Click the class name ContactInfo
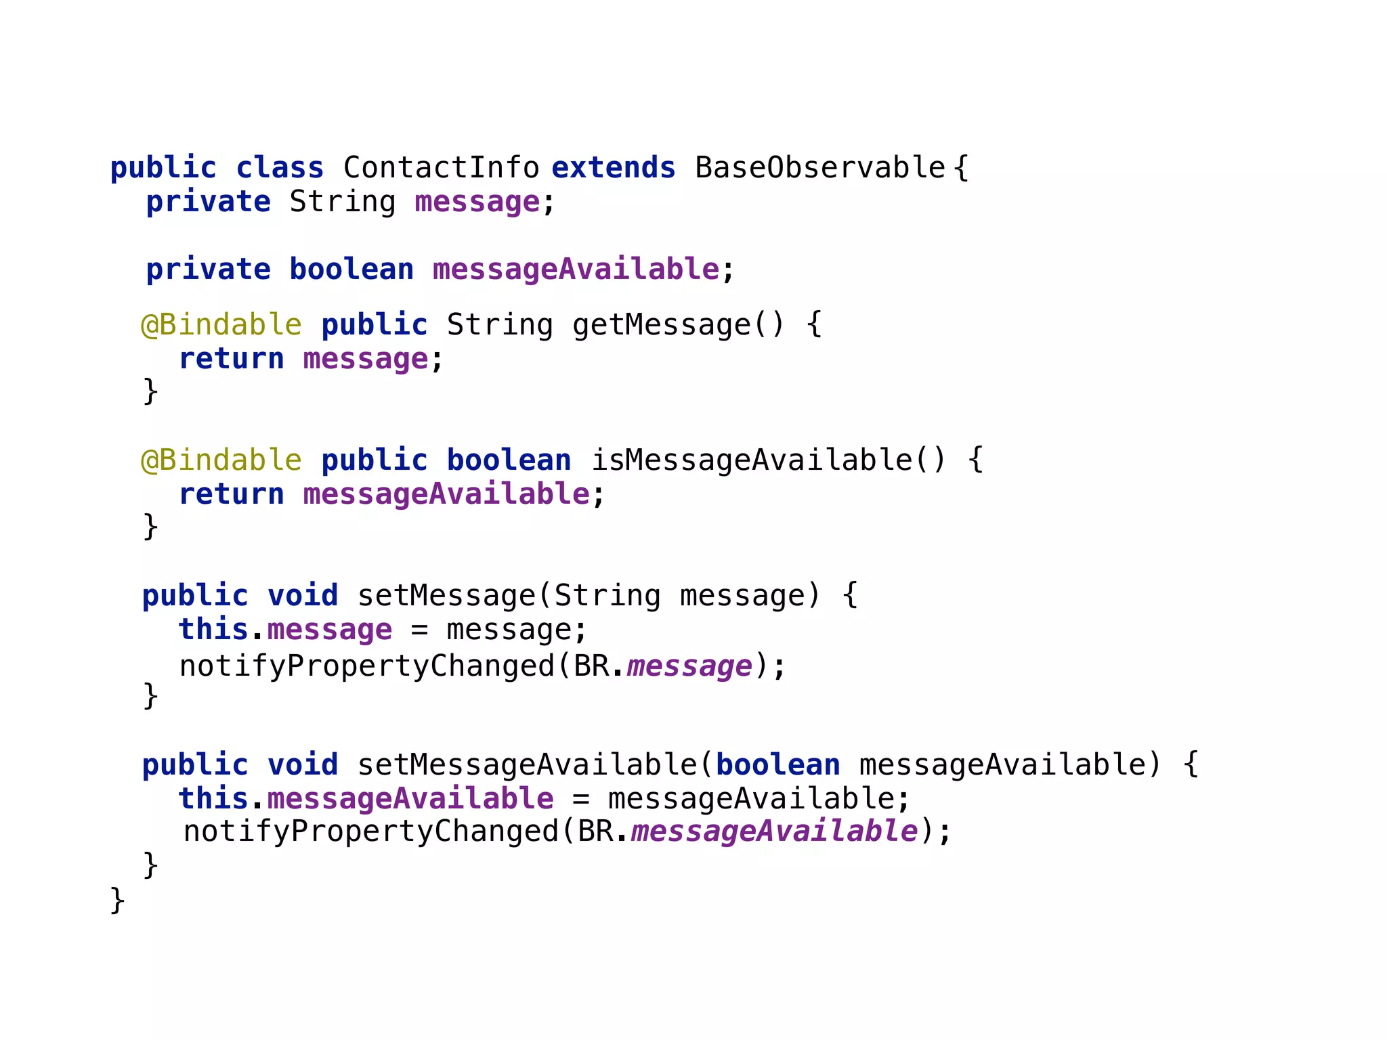click(x=441, y=168)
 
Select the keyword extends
click(x=614, y=168)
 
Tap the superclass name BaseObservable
click(x=819, y=168)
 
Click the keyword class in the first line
click(x=280, y=168)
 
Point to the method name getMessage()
click(x=678, y=325)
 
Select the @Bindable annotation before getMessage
click(x=221, y=325)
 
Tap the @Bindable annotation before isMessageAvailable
click(x=221, y=460)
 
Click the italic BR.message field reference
click(x=689, y=666)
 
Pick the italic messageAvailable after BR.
click(x=774, y=831)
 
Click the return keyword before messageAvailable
click(x=232, y=494)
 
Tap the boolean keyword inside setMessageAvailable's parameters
click(x=778, y=765)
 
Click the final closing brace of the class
click(x=117, y=901)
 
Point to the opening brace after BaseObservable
click(x=961, y=168)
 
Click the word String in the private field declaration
click(x=343, y=202)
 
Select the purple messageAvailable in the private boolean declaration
click(x=576, y=269)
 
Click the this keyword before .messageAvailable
click(x=213, y=799)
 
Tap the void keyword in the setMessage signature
click(x=303, y=596)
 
